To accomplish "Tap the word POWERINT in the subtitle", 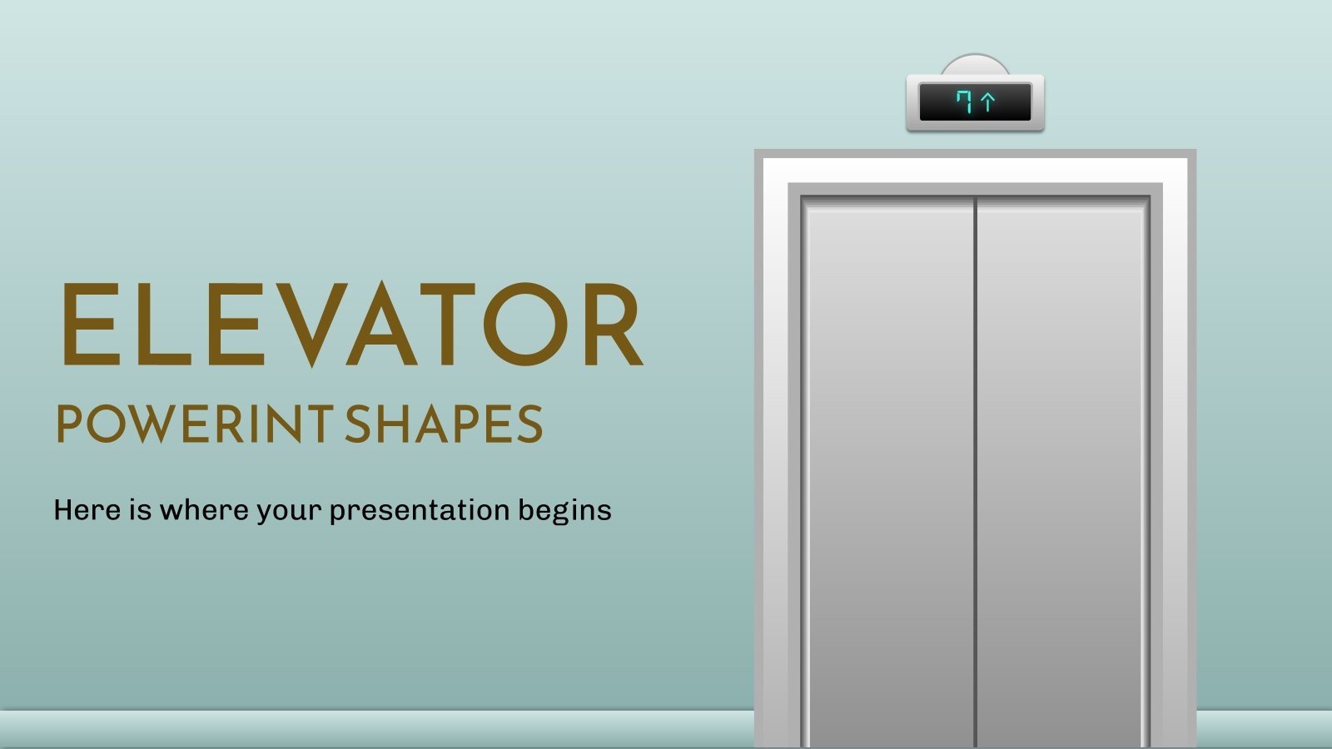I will click(194, 424).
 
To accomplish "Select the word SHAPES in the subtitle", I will click(444, 424).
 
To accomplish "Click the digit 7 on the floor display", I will click(965, 102).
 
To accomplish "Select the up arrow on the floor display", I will click(988, 102).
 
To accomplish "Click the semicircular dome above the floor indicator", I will click(975, 65).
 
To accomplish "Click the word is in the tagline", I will click(140, 509).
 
